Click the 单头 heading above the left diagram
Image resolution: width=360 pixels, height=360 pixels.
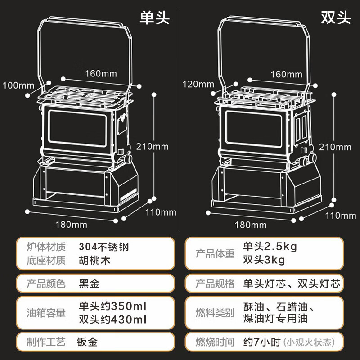[154, 18]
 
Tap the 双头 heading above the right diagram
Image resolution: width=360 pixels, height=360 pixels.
[336, 18]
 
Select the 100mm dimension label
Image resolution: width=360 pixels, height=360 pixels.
[18, 85]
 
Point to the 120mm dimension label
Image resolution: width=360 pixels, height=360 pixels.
[198, 84]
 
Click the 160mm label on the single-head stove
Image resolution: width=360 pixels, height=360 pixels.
[99, 73]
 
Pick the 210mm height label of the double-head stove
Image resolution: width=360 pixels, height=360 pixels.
[334, 147]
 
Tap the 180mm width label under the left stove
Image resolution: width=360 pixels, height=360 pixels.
[71, 224]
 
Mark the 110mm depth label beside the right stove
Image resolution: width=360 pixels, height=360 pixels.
[341, 216]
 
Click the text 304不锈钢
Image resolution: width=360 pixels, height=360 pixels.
[107, 247]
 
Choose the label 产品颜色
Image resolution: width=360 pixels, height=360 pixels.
[46, 284]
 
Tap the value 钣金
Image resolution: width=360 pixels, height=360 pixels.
[88, 342]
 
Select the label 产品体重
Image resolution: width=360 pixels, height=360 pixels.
[215, 253]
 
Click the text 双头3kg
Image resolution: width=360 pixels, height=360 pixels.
[264, 260]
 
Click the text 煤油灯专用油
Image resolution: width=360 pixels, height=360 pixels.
[275, 319]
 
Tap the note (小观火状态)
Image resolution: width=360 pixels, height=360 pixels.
[309, 342]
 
